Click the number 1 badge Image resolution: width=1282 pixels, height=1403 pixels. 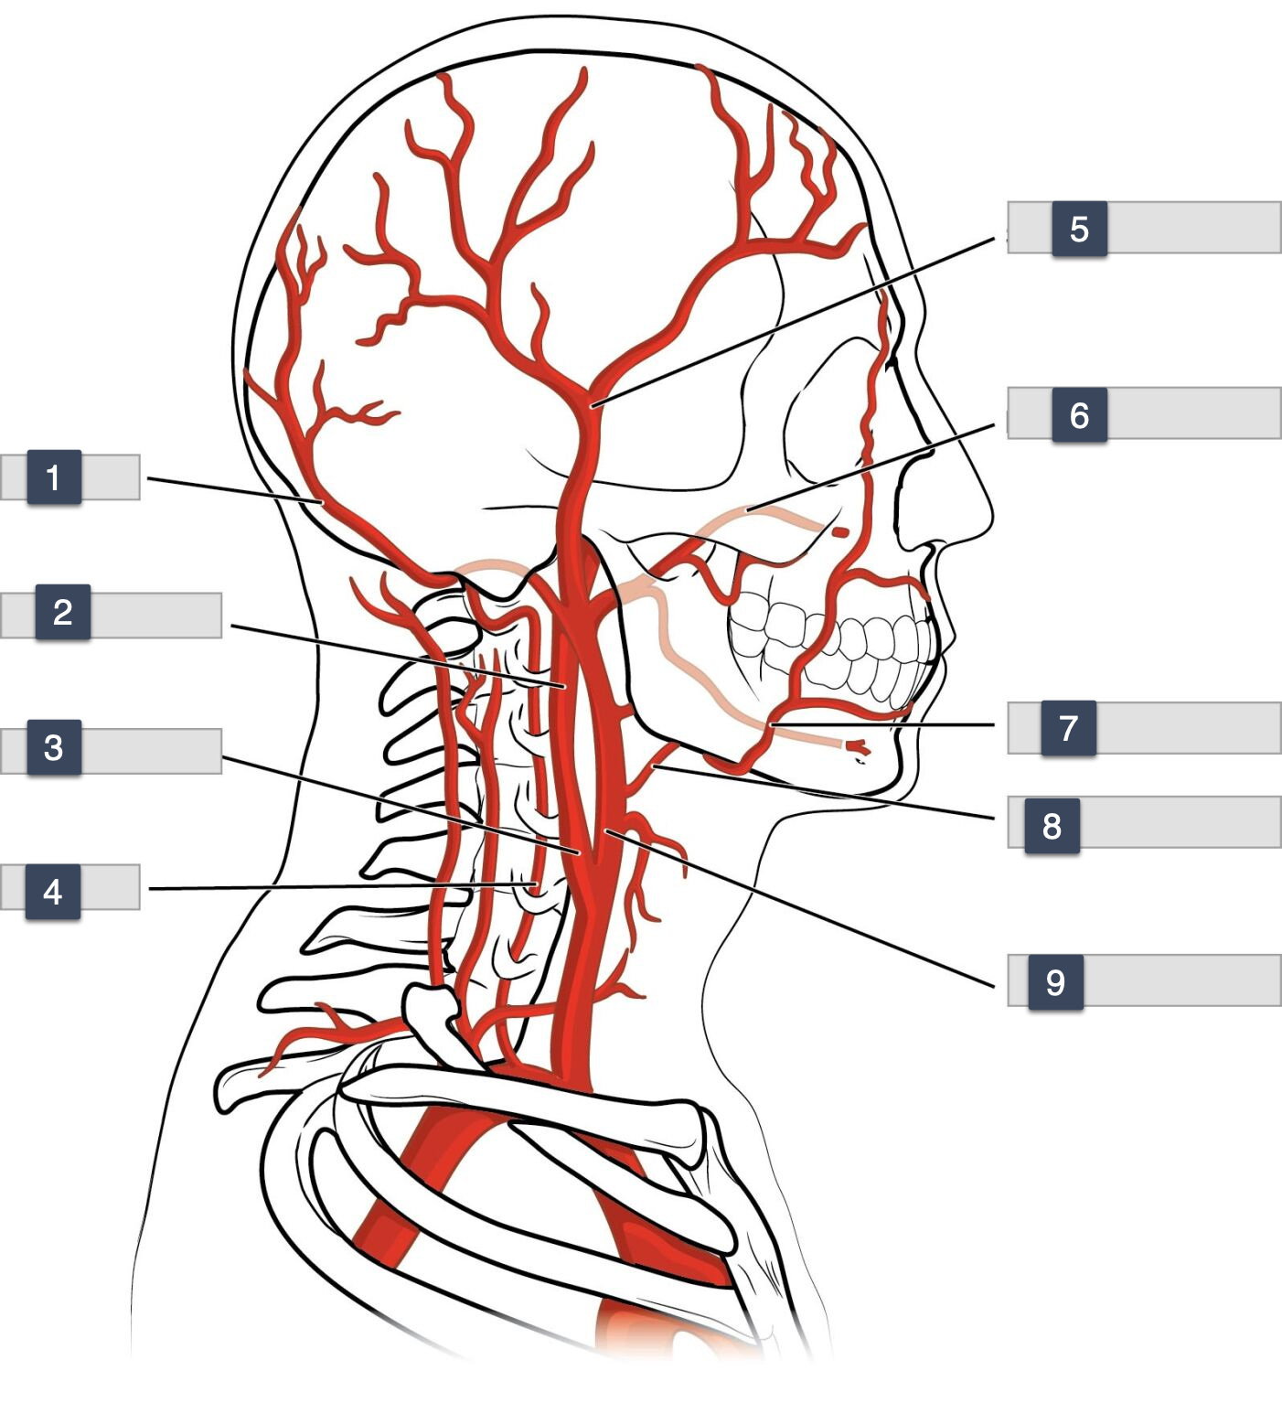pos(54,477)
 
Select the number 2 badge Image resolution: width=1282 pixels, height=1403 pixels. pos(62,611)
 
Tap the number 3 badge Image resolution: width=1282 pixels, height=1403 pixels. pos(54,747)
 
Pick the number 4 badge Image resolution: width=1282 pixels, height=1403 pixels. pos(53,891)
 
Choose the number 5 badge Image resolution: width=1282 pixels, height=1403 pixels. pos(1079,229)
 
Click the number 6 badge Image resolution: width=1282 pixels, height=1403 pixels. pos(1079,415)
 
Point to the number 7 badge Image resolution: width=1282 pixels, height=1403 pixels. pos(1068,728)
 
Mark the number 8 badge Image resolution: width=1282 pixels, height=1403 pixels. pos(1052,826)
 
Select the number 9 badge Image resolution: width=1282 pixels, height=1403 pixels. pos(1055,982)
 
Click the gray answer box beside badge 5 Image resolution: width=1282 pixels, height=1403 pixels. pos(1193,228)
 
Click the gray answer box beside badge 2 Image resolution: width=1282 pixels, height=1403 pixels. pos(155,615)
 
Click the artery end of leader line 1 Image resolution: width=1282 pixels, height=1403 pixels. pos(323,502)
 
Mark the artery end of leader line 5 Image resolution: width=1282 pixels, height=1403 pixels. pos(593,403)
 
